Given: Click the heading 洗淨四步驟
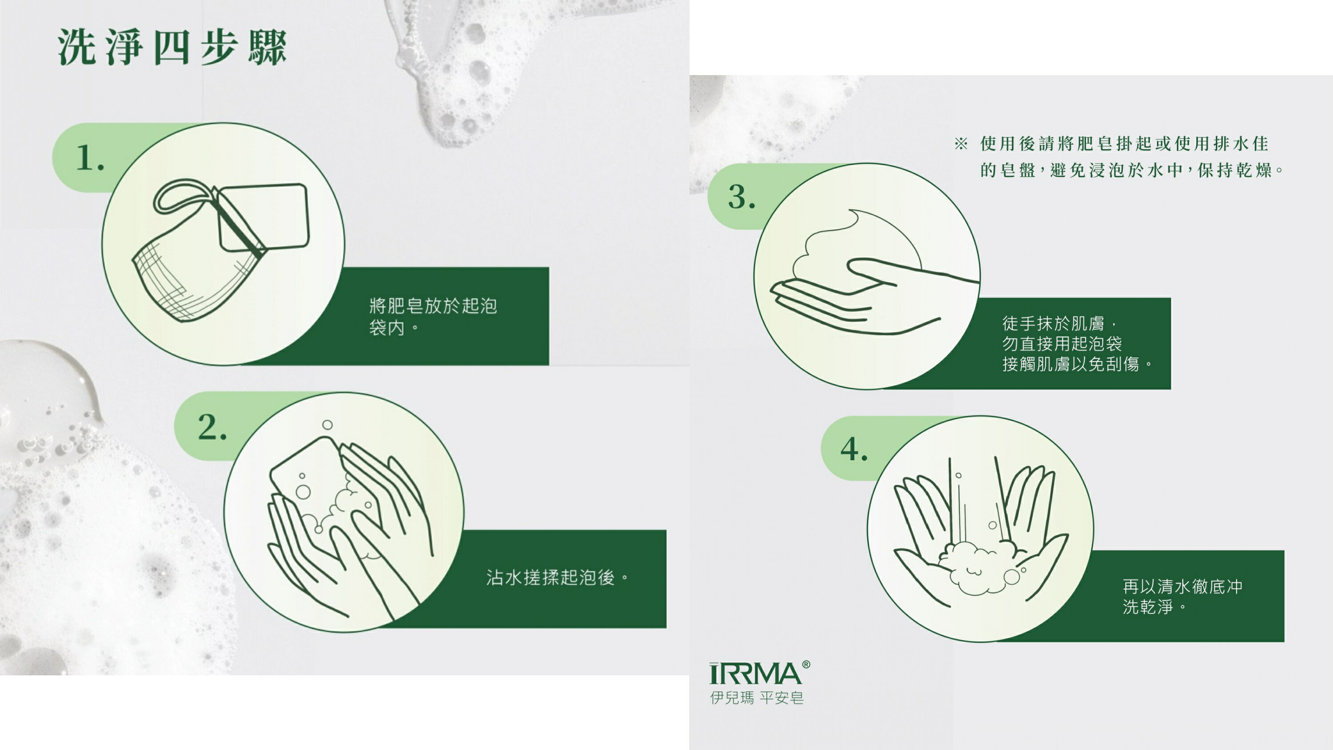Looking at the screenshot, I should pos(172,47).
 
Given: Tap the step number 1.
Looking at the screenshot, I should pos(90,157).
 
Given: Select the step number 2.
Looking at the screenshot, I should pos(212,427).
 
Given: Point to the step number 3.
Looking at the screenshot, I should pos(742,197).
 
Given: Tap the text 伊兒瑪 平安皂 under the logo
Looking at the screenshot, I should pos(757,698).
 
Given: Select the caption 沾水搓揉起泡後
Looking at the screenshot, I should pos(557,577).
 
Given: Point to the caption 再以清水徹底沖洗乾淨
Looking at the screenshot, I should pos(1182,596).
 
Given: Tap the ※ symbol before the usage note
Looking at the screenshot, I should pos(961,144).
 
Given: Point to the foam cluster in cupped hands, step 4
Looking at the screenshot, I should pos(973,567).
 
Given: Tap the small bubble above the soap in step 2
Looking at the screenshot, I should pos(327,425).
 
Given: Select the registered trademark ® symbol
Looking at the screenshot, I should pos(806,665).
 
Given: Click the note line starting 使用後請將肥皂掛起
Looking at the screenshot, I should pos(1124,144).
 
